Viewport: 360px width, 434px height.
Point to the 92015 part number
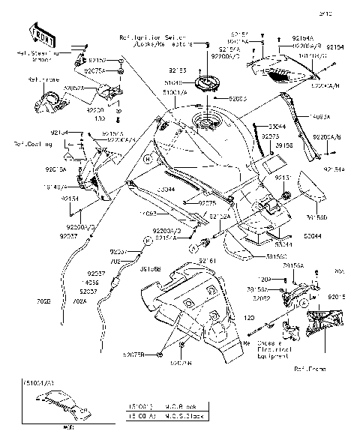click(337, 295)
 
